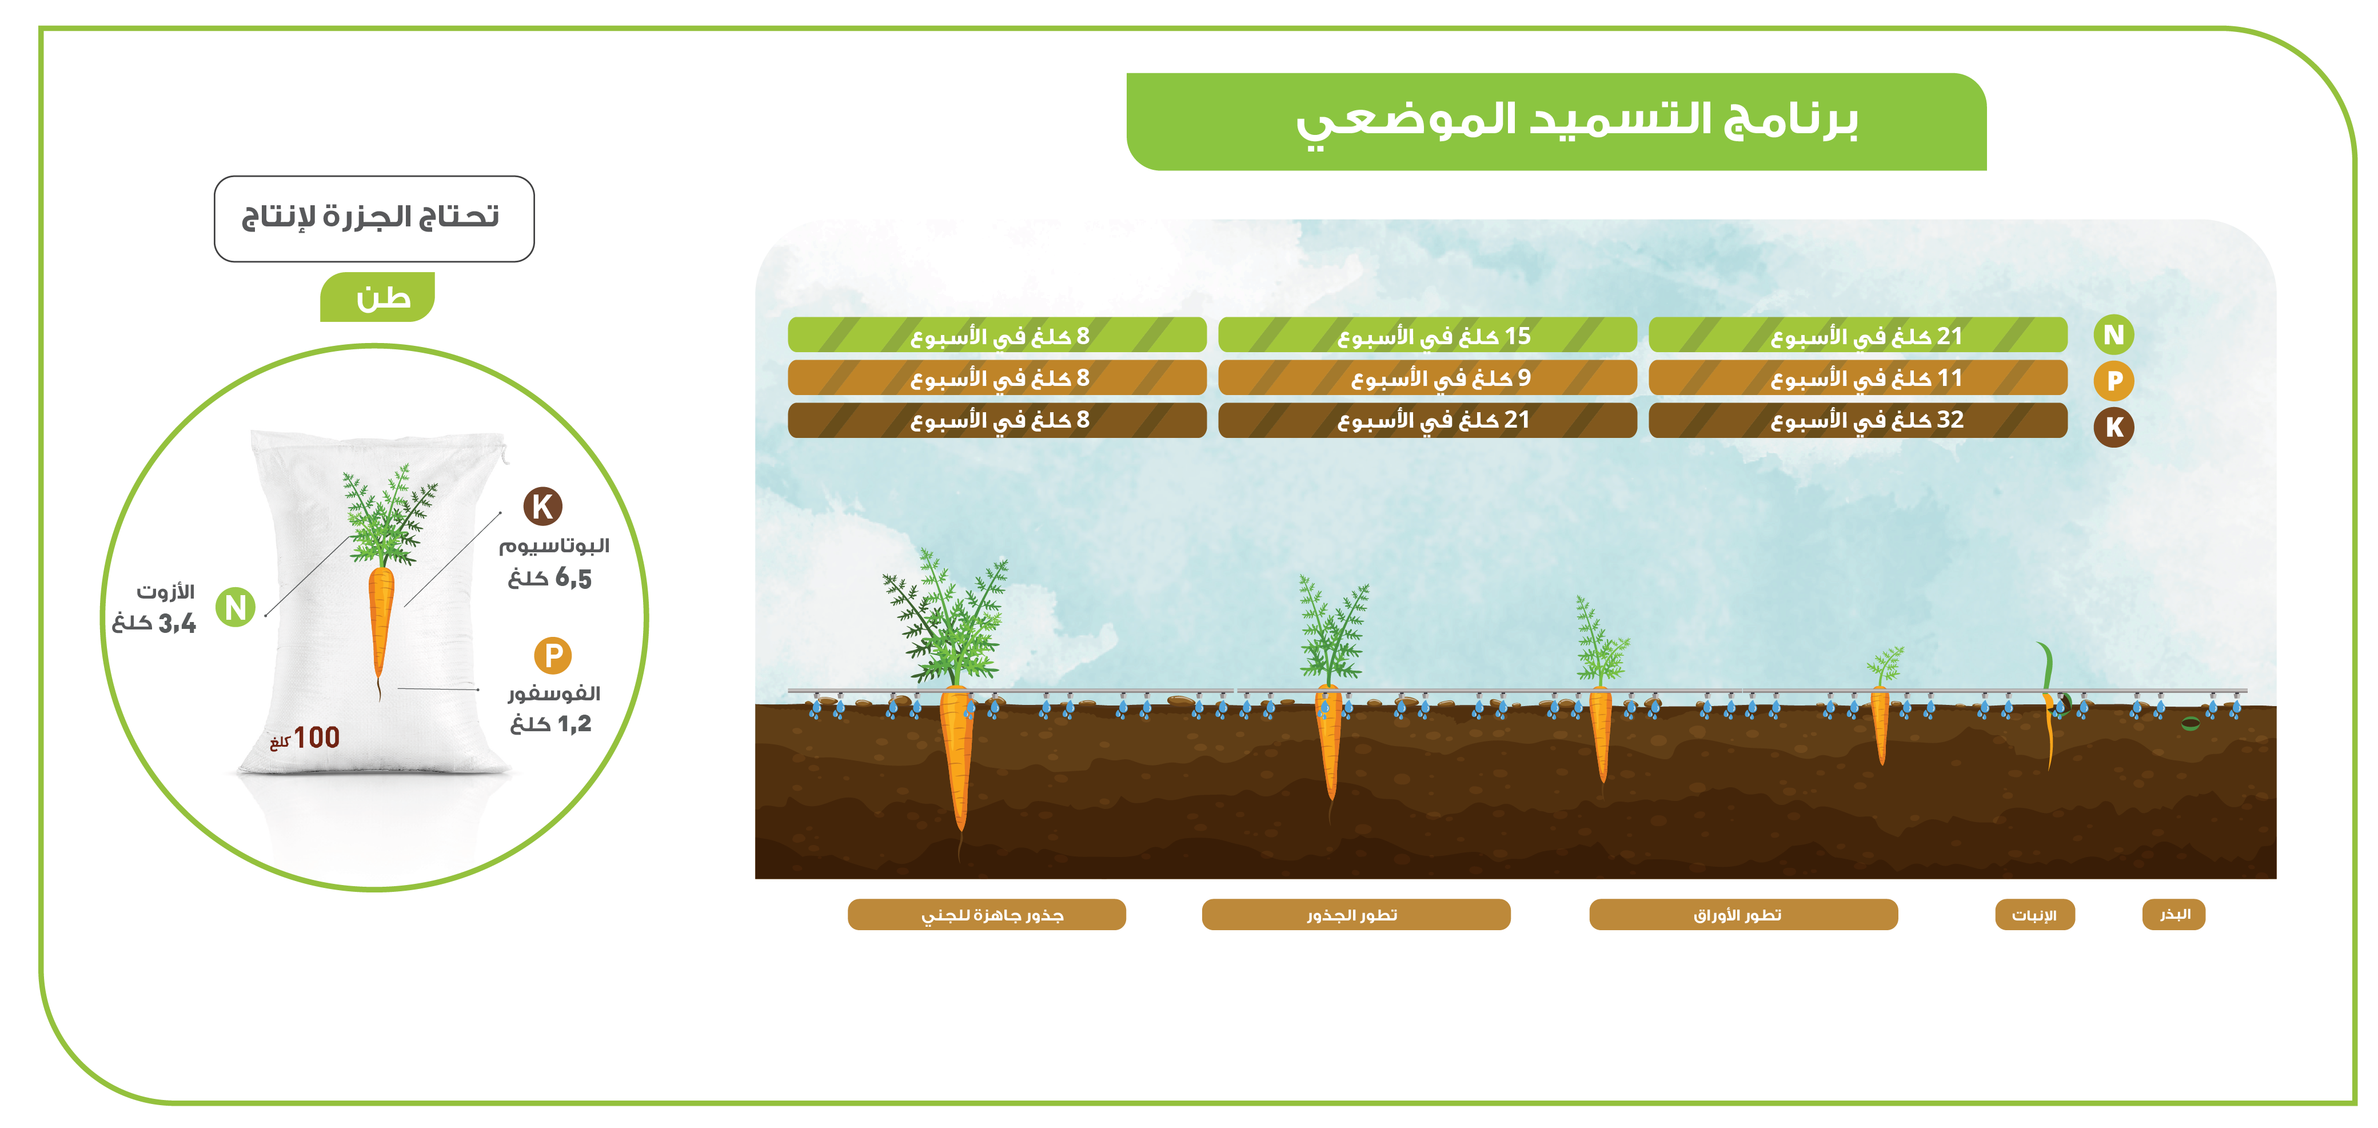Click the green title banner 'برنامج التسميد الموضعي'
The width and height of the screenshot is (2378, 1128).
(1557, 122)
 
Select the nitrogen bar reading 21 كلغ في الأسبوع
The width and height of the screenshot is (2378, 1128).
(1857, 335)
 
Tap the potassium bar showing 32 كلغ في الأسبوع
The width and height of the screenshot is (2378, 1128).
(1857, 420)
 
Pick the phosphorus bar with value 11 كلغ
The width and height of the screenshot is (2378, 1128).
(1857, 377)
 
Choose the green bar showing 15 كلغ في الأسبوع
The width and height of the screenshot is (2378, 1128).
(1427, 335)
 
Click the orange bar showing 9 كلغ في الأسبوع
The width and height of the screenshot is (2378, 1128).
(1427, 377)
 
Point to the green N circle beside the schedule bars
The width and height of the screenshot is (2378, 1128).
(2113, 335)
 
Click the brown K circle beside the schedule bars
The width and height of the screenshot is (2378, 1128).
(2113, 428)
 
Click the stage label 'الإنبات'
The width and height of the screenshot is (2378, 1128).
(2034, 915)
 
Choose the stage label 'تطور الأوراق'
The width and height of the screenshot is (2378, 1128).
(1743, 915)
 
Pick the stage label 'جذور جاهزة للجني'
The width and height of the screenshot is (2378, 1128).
(987, 915)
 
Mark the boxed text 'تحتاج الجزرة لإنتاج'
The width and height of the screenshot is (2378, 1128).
(370, 218)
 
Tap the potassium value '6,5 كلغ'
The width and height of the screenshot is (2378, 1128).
(549, 579)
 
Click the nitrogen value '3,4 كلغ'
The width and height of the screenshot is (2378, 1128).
(154, 623)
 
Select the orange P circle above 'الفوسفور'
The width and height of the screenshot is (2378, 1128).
(553, 655)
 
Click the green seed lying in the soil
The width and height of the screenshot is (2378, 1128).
(2191, 724)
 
